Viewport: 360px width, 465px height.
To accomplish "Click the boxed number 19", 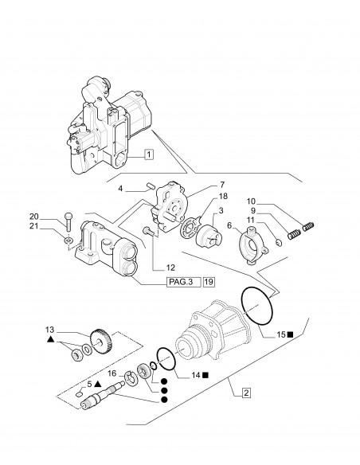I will click(209, 282).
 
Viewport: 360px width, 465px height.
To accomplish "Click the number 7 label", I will click(211, 184).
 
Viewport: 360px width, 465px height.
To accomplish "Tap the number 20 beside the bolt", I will click(57, 217).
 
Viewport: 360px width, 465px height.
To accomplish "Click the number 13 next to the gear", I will click(50, 329).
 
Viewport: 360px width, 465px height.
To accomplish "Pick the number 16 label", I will click(112, 373).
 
